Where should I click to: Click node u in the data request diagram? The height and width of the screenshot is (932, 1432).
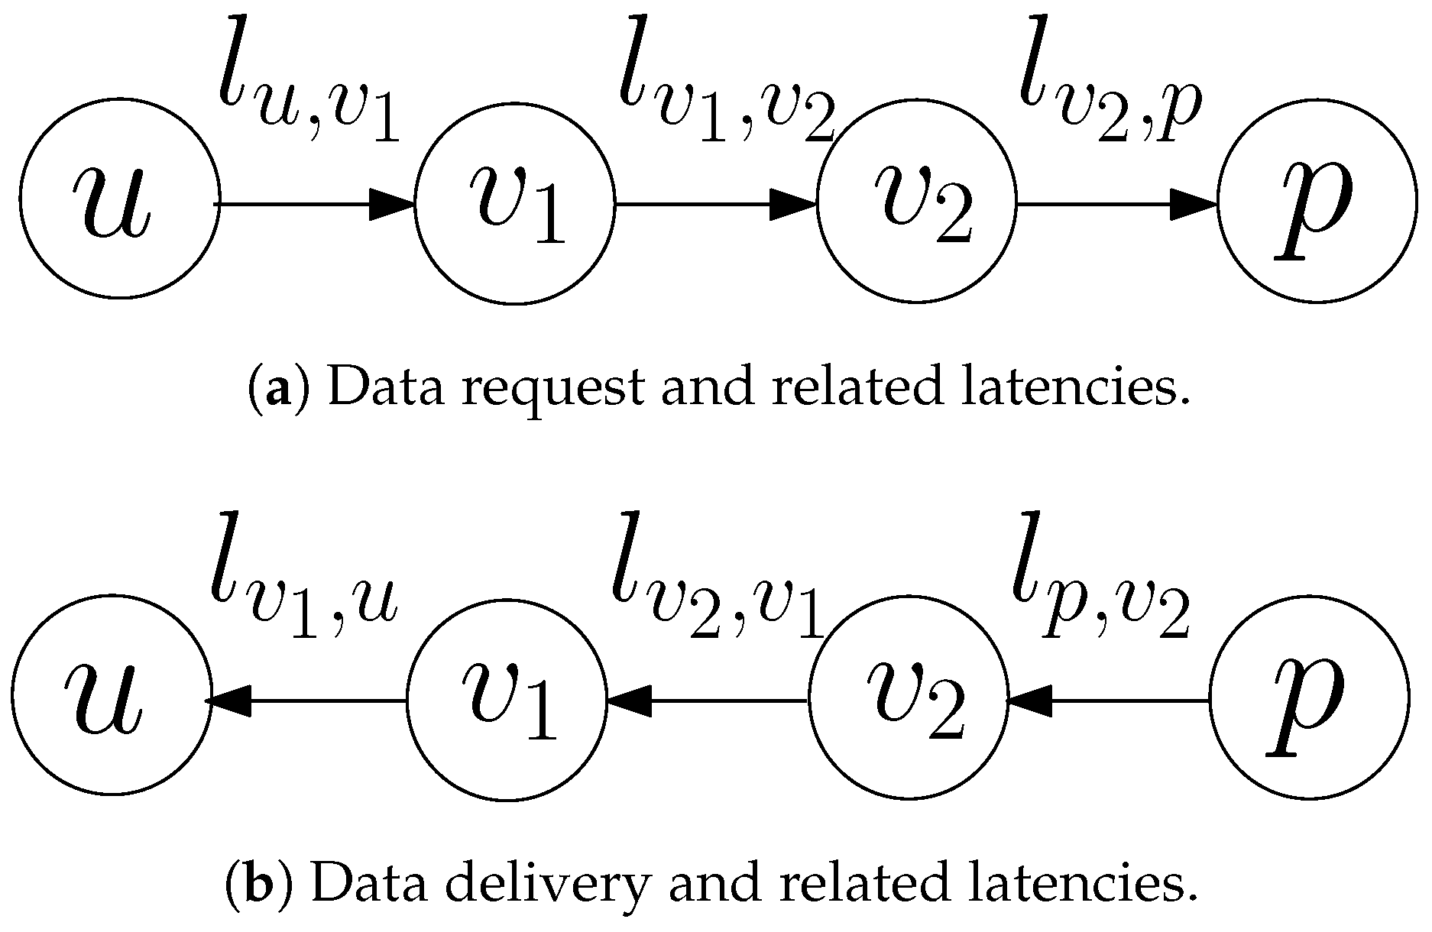pos(119,200)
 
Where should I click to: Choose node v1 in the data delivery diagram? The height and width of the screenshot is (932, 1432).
pos(507,697)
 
